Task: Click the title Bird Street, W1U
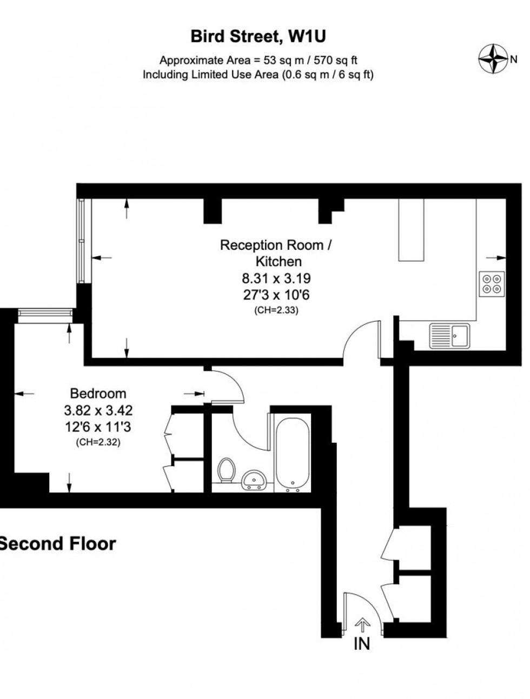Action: point(258,37)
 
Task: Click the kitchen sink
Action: point(450,335)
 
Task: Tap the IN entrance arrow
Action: point(361,624)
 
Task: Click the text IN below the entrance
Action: point(361,644)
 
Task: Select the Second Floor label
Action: point(58,543)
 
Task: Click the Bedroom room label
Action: point(98,394)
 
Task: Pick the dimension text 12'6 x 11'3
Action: point(98,428)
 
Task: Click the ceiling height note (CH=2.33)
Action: point(276,310)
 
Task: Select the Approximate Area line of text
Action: point(258,60)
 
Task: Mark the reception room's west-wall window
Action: point(81,241)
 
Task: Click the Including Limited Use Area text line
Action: point(258,75)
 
